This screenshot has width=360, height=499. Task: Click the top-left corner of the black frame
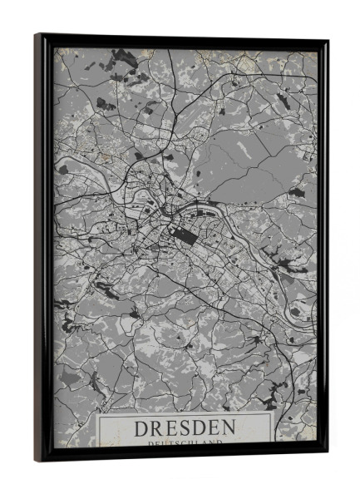point(36,35)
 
